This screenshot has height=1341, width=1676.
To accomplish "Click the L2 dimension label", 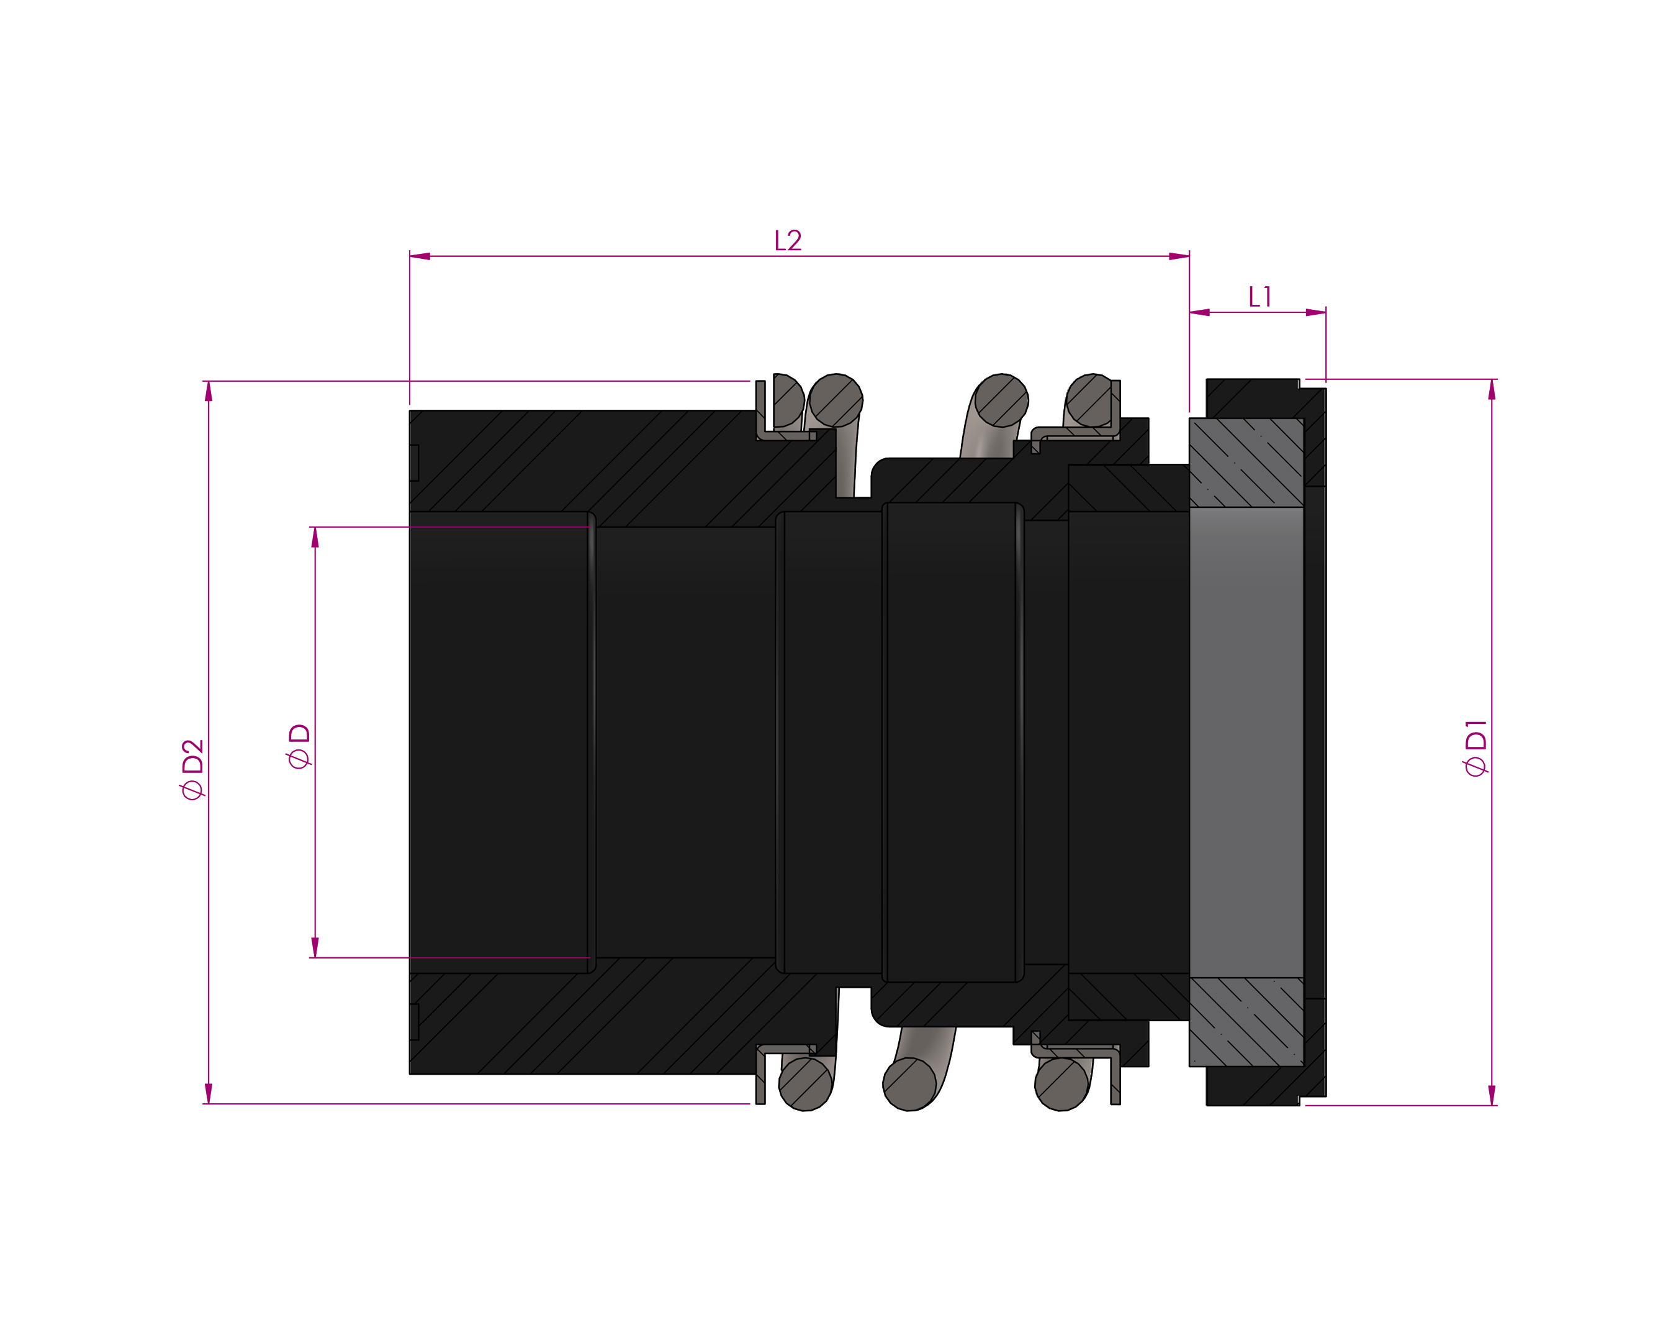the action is [788, 240].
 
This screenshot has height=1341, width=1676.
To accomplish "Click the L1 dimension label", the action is [1259, 296].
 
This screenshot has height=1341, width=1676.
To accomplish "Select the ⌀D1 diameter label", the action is [1476, 748].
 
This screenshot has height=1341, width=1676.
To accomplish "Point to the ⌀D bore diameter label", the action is [299, 746].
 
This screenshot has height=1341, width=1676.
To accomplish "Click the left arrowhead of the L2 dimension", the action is [420, 256].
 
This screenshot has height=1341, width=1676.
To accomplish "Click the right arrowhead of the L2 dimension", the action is [1179, 256].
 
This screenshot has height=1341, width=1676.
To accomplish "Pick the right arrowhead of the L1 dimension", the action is [1316, 312].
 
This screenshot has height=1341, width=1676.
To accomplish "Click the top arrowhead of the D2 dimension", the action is [209, 391].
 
